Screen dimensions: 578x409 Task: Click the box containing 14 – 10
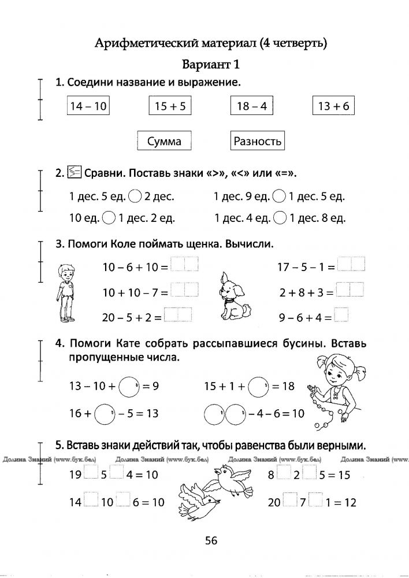tap(88, 106)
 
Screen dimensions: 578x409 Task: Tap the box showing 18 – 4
tap(251, 106)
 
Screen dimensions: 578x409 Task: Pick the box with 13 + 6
tap(333, 106)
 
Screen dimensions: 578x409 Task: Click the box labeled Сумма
tap(164, 141)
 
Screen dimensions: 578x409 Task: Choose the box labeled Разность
tap(257, 141)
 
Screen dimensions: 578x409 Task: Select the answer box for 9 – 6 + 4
tap(341, 317)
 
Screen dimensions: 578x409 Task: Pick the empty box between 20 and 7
tap(289, 502)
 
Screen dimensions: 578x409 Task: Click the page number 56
tap(210, 540)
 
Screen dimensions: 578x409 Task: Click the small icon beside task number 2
tap(74, 172)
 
